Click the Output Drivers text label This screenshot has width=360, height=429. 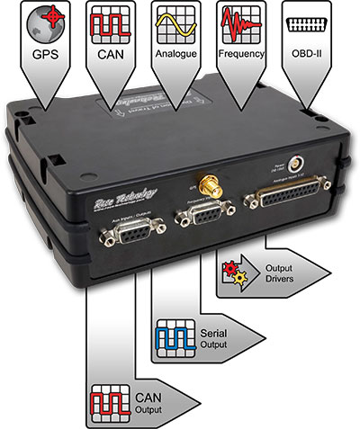[x=285, y=273]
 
